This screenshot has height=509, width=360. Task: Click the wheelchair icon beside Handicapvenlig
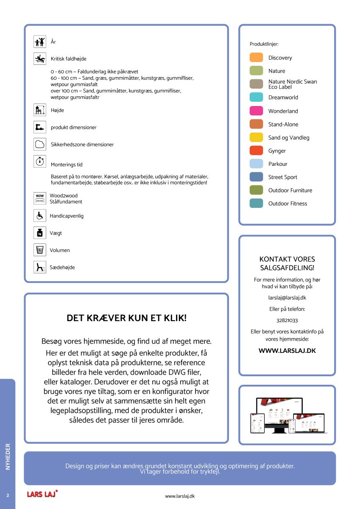40,215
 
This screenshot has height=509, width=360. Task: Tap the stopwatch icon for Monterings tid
40,161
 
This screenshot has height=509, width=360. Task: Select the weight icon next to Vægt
40,233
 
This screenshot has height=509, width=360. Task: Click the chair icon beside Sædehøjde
40,267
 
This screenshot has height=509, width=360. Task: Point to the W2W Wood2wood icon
40,198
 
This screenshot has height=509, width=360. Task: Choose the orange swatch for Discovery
257,58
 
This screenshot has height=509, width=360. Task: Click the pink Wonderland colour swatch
257,111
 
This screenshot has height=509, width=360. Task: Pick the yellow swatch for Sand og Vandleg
257,137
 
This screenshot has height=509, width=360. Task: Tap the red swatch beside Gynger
257,151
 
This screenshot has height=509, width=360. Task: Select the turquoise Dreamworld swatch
257,98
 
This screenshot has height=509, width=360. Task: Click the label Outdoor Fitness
287,204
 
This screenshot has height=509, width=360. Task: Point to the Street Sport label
282,177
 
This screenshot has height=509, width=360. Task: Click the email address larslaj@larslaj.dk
287,298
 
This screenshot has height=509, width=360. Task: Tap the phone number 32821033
287,321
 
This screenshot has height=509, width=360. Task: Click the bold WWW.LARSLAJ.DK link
287,351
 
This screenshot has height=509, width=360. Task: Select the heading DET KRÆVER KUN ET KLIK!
126,318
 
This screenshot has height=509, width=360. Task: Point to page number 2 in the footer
8,495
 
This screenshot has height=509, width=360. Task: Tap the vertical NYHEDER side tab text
8,456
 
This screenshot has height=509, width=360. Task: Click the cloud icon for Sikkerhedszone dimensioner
40,144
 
